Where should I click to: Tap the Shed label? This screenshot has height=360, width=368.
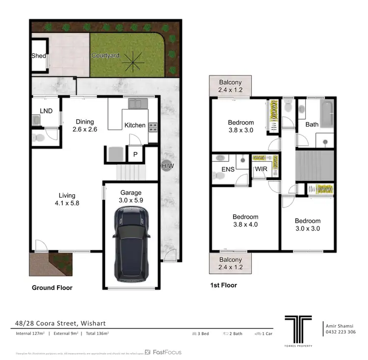38,56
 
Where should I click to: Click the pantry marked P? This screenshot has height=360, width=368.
135,155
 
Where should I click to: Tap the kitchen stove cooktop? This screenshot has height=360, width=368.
153,127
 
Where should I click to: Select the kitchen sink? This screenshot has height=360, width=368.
135,103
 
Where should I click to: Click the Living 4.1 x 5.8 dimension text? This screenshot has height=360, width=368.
67,201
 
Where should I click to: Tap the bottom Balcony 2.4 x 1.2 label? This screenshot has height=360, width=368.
230,263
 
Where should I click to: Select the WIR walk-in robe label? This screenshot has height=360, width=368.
260,169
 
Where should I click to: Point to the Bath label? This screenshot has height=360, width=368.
312,124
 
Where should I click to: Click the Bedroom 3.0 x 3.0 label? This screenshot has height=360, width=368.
308,225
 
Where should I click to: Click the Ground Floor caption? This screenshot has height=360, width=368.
52,287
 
